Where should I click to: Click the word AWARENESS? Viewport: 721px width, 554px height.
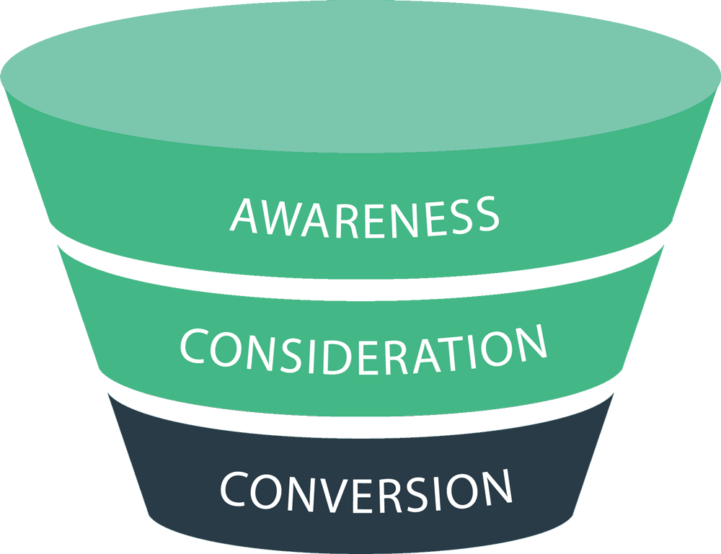(364, 216)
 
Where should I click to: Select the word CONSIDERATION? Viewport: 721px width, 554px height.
(363, 351)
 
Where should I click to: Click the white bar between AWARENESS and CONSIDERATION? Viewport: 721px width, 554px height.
(366, 289)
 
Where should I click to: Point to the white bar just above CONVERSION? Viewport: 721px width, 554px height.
(366, 426)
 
